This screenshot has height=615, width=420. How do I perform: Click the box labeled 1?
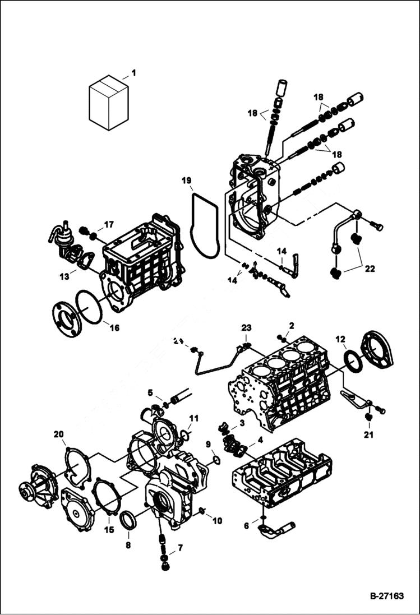[108, 104]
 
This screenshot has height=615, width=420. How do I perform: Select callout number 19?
[186, 181]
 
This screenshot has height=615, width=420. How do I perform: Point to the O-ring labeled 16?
[89, 307]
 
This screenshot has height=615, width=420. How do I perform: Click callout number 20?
[58, 434]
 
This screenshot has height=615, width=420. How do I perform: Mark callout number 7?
[180, 548]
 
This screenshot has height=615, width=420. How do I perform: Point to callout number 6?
[246, 525]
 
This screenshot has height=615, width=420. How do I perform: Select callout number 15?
[108, 530]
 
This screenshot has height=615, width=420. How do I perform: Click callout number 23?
[247, 327]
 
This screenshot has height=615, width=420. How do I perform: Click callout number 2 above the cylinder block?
[291, 325]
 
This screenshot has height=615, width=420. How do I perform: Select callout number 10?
[217, 521]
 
